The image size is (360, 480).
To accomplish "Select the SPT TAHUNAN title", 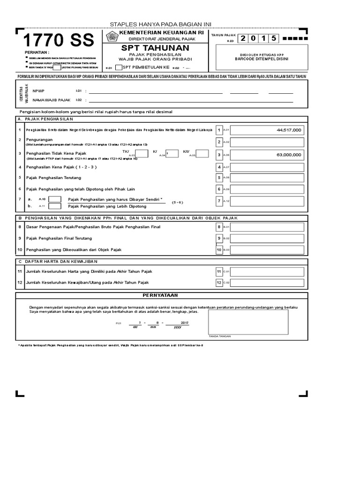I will pyautogui.click(x=155, y=48).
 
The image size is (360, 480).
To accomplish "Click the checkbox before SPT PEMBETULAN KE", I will pyautogui.click(x=119, y=67).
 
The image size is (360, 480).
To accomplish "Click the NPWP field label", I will pyautogui.click(x=38, y=91).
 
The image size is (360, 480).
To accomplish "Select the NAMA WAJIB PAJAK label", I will pyautogui.click(x=52, y=100).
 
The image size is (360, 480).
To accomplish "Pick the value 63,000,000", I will pyautogui.click(x=289, y=154).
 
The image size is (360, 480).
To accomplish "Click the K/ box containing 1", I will pyautogui.click(x=172, y=153).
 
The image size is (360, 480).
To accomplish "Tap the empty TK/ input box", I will pyautogui.click(x=142, y=153).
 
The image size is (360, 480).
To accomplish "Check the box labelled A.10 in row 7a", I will pyautogui.click(x=55, y=199).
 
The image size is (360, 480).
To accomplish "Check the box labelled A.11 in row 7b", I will pyautogui.click(x=55, y=206).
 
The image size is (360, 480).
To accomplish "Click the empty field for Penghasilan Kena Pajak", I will pyautogui.click(x=267, y=167).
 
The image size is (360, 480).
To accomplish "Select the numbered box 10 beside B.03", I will pyautogui.click(x=219, y=250).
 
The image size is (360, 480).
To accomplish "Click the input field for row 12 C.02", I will pyautogui.click(x=267, y=282).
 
